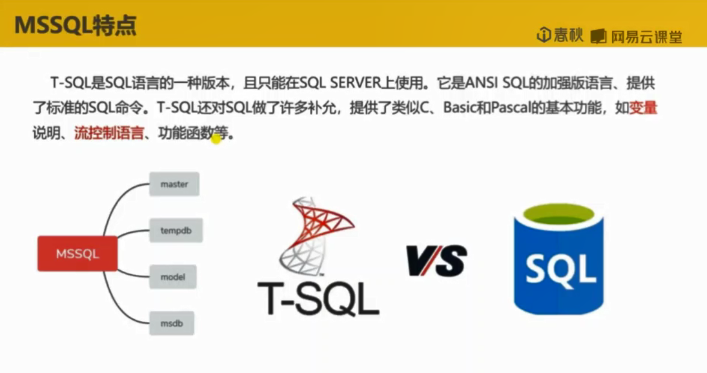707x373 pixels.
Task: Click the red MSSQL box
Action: (77, 254)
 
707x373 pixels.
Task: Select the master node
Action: (174, 184)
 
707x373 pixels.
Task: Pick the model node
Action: (173, 277)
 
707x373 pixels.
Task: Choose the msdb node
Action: (172, 324)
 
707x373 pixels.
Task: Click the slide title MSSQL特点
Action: (75, 26)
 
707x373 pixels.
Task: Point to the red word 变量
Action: (643, 108)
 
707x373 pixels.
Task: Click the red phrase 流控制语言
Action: (109, 135)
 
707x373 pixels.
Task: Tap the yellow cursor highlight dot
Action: (216, 139)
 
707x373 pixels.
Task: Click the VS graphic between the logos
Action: (437, 261)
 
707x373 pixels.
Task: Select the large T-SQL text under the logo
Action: (318, 299)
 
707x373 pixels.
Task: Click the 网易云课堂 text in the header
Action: (646, 37)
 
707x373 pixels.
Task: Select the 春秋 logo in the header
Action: (560, 36)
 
